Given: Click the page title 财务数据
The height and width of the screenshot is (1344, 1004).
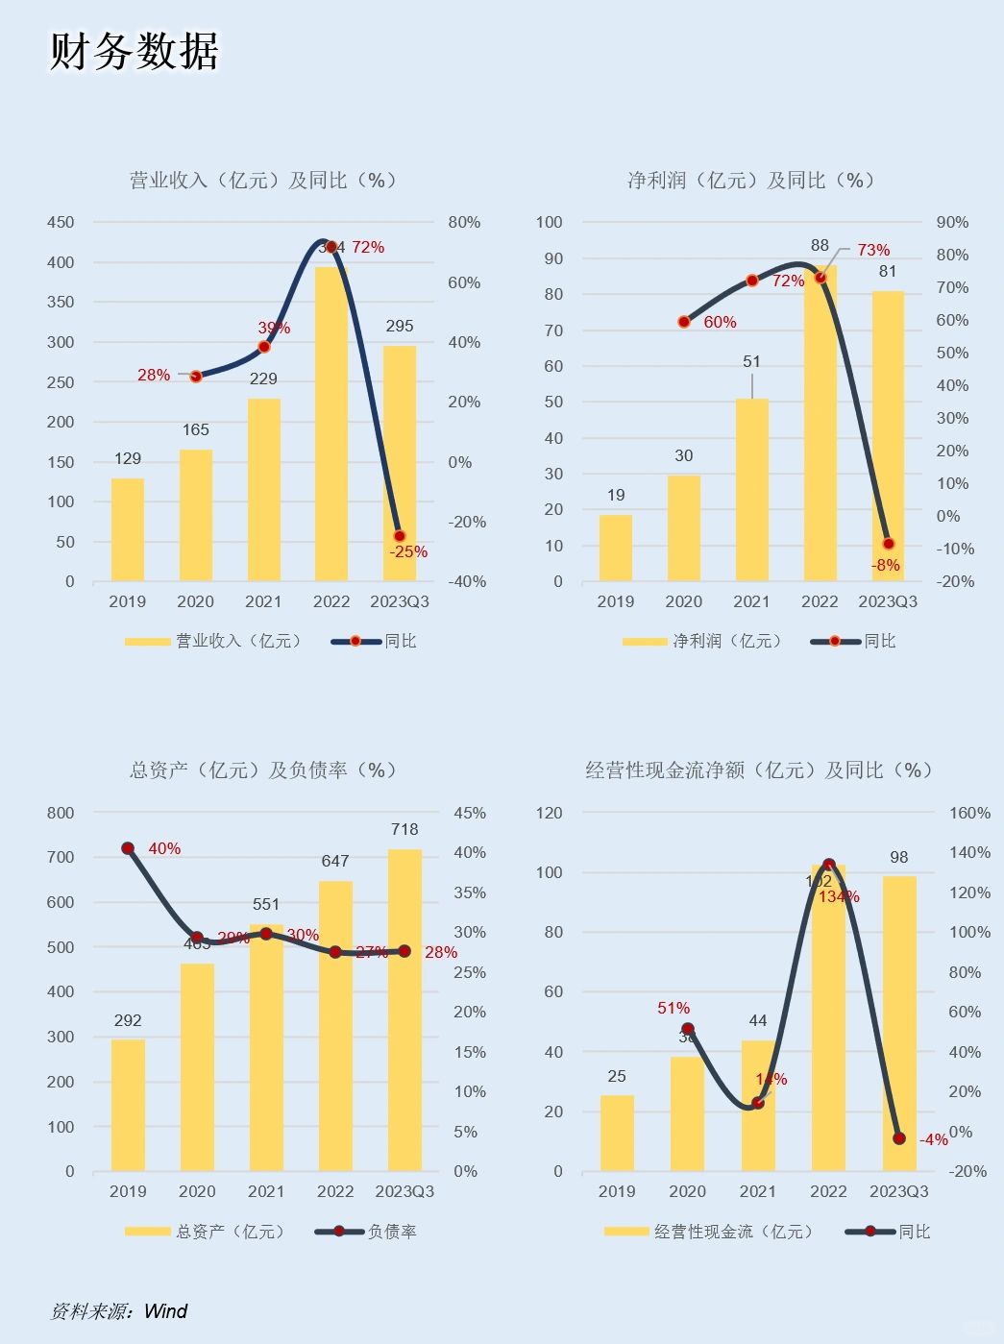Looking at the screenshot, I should coord(134,51).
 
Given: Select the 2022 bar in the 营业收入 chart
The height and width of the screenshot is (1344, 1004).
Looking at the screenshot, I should coord(331,432).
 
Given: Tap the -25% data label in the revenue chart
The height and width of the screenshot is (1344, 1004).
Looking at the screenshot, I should coord(408,552).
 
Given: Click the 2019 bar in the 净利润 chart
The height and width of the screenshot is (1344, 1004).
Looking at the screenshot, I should coord(616,549).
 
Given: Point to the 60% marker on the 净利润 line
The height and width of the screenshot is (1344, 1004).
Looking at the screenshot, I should coord(684,322).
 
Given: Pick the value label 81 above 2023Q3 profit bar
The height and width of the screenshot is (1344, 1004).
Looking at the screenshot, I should coord(888,272).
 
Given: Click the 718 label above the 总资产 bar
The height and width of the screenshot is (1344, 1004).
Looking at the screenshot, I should coord(404,829).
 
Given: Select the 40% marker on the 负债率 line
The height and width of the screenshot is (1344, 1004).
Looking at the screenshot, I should coord(128,848).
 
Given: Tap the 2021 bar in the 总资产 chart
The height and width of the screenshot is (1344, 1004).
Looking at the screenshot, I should coord(266,1047).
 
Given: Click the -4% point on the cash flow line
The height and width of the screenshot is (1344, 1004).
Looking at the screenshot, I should coord(899,1138).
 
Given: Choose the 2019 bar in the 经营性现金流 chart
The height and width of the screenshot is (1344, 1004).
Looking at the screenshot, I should coord(617,1134).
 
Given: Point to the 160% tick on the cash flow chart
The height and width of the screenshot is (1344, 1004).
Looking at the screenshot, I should coord(969,813).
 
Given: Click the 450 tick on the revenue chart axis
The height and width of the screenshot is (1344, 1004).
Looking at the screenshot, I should coord(61,222).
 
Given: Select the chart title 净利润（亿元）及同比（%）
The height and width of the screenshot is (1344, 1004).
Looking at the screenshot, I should coord(750,181).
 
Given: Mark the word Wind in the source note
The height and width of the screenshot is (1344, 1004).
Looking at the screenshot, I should coord(165,1311).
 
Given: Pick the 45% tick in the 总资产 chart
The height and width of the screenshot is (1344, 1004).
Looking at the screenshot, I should coord(470,813).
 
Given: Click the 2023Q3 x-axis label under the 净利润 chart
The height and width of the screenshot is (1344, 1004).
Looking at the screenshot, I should coord(888,601).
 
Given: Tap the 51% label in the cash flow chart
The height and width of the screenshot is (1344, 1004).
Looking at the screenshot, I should coord(673,1008).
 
